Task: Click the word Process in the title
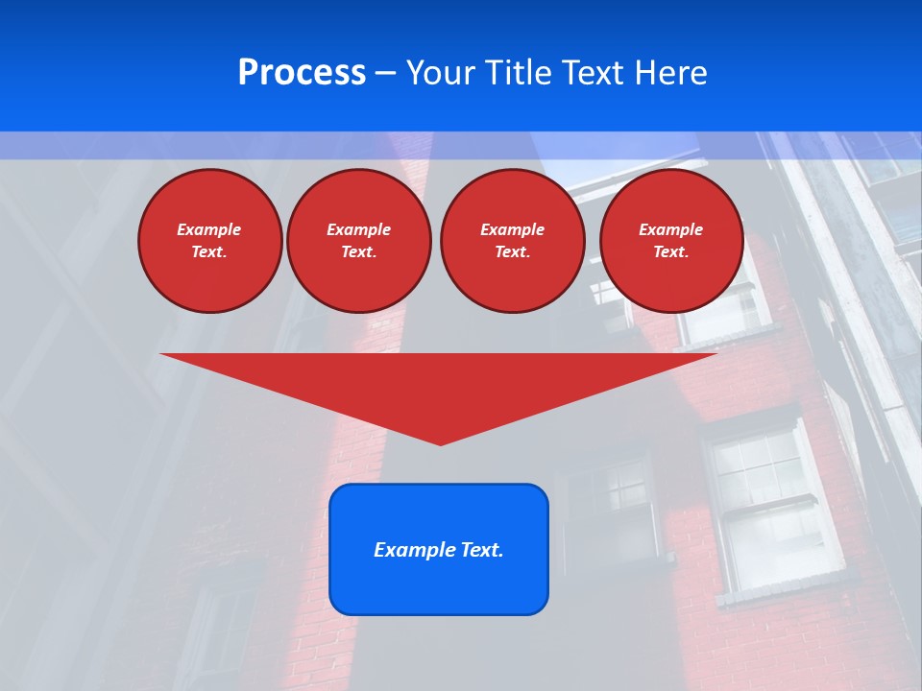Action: point(302,73)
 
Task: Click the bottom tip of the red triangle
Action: point(441,442)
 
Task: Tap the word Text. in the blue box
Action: point(480,550)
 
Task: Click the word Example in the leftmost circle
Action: point(209,229)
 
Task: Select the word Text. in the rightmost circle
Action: point(671,251)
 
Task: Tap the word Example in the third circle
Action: point(512,229)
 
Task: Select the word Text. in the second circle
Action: point(358,251)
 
